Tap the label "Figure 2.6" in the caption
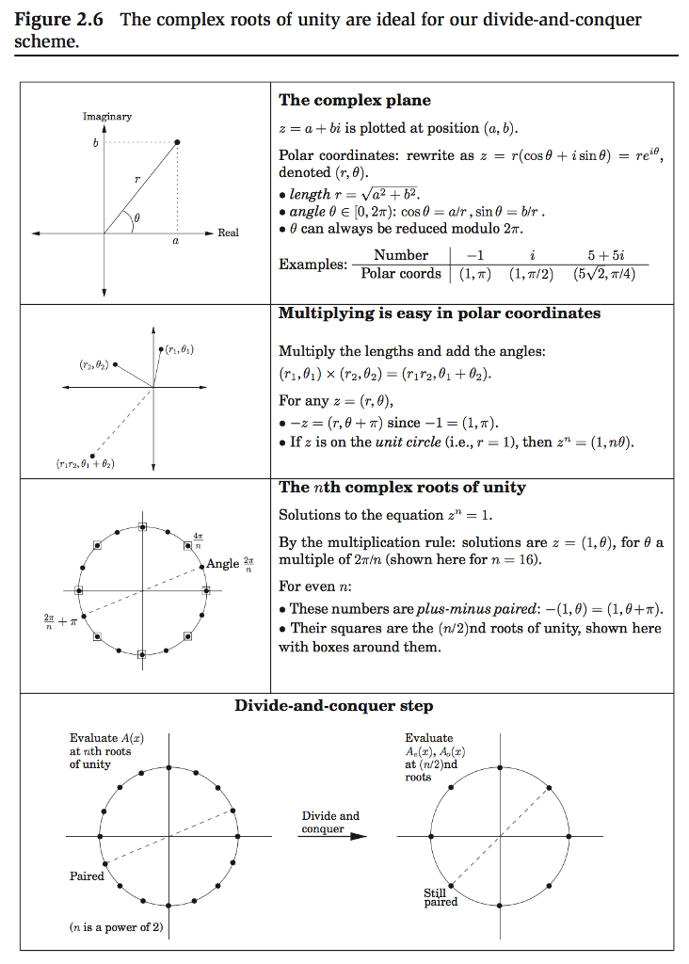click(x=60, y=20)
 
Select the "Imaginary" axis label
click(x=106, y=116)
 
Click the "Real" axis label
click(x=229, y=233)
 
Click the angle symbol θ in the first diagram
click(x=136, y=217)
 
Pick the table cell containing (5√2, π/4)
click(x=610, y=274)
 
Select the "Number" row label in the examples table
click(x=401, y=255)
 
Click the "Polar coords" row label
click(x=401, y=274)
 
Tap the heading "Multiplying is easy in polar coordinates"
click(x=440, y=313)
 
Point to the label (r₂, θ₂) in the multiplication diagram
click(x=93, y=362)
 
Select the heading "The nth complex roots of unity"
click(x=402, y=488)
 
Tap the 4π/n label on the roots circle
click(x=198, y=539)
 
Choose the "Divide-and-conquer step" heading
click(x=334, y=706)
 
